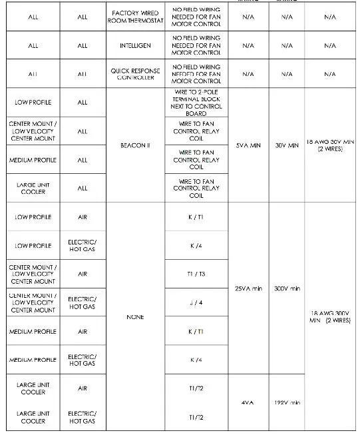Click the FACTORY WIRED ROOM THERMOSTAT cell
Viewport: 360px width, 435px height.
point(135,17)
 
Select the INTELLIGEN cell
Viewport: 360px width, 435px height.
point(135,46)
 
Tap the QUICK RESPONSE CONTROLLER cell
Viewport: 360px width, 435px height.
point(135,73)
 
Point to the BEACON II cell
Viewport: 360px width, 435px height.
point(135,145)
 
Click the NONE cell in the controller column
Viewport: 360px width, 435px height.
point(135,317)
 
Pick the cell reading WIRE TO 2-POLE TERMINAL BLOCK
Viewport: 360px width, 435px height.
point(196,103)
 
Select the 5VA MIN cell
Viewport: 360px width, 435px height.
point(248,145)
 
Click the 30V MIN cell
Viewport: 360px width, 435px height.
point(286,145)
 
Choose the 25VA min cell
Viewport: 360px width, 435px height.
point(248,288)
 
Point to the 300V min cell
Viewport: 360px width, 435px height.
point(286,288)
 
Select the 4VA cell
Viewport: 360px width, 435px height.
point(248,402)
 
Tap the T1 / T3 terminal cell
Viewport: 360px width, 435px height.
point(196,274)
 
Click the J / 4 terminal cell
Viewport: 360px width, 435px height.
point(196,302)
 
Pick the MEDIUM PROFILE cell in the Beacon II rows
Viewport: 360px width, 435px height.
point(33,160)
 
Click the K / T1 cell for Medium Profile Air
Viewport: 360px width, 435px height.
point(196,331)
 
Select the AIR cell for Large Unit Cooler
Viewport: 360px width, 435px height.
point(83,388)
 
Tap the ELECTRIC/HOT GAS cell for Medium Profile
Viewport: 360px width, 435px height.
point(83,360)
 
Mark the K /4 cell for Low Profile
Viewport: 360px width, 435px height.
point(196,246)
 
